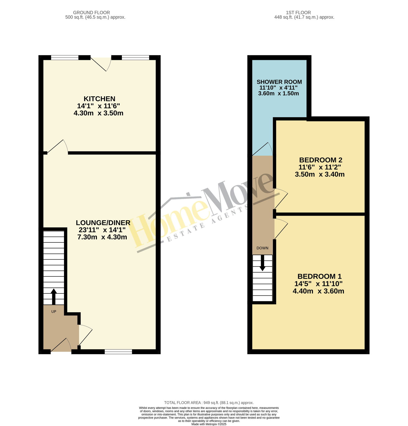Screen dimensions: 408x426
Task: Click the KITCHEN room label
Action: (x=99, y=99)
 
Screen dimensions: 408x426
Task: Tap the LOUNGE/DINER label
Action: (x=103, y=223)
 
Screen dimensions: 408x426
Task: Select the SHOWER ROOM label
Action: (x=279, y=82)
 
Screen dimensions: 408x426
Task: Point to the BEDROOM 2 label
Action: (x=321, y=160)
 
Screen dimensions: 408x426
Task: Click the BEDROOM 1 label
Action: (x=320, y=276)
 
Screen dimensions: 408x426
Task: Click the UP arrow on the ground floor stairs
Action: (x=54, y=296)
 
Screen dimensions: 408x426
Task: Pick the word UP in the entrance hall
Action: (x=54, y=312)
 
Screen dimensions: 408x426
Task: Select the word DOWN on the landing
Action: (x=262, y=248)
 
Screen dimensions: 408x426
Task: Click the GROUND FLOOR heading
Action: (x=92, y=12)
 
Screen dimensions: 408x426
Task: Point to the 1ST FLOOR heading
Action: (x=298, y=12)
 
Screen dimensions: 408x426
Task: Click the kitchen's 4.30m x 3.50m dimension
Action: (x=98, y=113)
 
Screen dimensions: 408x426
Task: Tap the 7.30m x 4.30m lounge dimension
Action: (x=102, y=237)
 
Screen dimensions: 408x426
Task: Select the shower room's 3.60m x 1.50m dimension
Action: (x=278, y=93)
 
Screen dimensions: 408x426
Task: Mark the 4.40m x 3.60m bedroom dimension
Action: (x=318, y=291)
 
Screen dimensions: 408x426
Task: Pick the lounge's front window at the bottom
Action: (x=118, y=352)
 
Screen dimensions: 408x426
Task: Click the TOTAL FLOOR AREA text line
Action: (x=209, y=403)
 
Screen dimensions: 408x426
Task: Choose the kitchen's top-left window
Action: (x=65, y=58)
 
